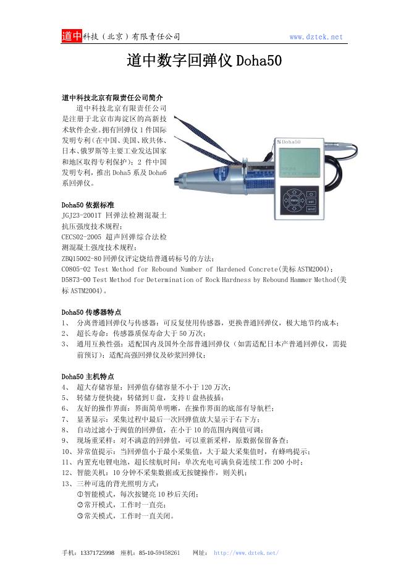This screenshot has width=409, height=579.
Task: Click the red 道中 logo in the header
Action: click(x=72, y=36)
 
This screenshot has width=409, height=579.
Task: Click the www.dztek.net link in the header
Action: click(x=316, y=37)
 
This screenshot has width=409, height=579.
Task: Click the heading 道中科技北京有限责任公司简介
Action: click(x=112, y=98)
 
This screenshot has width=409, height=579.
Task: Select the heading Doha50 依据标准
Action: click(x=87, y=205)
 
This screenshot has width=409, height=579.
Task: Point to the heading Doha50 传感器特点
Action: click(x=91, y=312)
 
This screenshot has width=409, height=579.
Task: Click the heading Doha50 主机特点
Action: click(x=87, y=376)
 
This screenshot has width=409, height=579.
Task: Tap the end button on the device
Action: click(x=311, y=210)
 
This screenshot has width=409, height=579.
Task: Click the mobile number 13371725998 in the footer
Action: click(x=97, y=552)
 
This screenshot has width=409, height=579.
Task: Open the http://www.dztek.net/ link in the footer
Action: click(x=246, y=552)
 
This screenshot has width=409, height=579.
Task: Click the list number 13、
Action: click(x=67, y=483)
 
